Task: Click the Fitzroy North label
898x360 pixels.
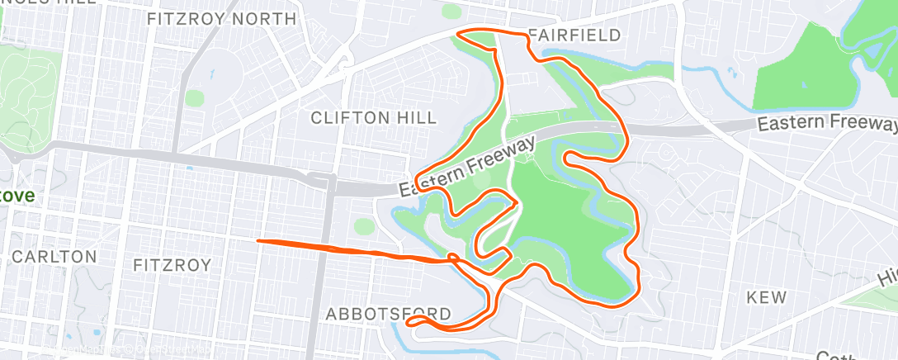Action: tap(221, 18)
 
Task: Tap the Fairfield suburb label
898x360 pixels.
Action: tap(574, 36)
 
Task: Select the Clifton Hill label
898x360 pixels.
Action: tap(374, 117)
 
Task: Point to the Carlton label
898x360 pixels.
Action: tap(54, 257)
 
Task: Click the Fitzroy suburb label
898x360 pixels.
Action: tap(172, 265)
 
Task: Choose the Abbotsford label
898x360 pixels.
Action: tap(389, 314)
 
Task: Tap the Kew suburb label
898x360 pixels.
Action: tap(766, 297)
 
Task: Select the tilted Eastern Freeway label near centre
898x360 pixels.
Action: tap(468, 166)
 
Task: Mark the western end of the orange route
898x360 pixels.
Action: tap(260, 241)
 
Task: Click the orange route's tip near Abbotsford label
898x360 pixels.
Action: tap(410, 321)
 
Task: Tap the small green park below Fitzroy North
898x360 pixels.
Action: tap(194, 98)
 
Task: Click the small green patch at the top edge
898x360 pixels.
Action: tap(451, 12)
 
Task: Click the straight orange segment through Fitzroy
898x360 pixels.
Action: tap(330, 247)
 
